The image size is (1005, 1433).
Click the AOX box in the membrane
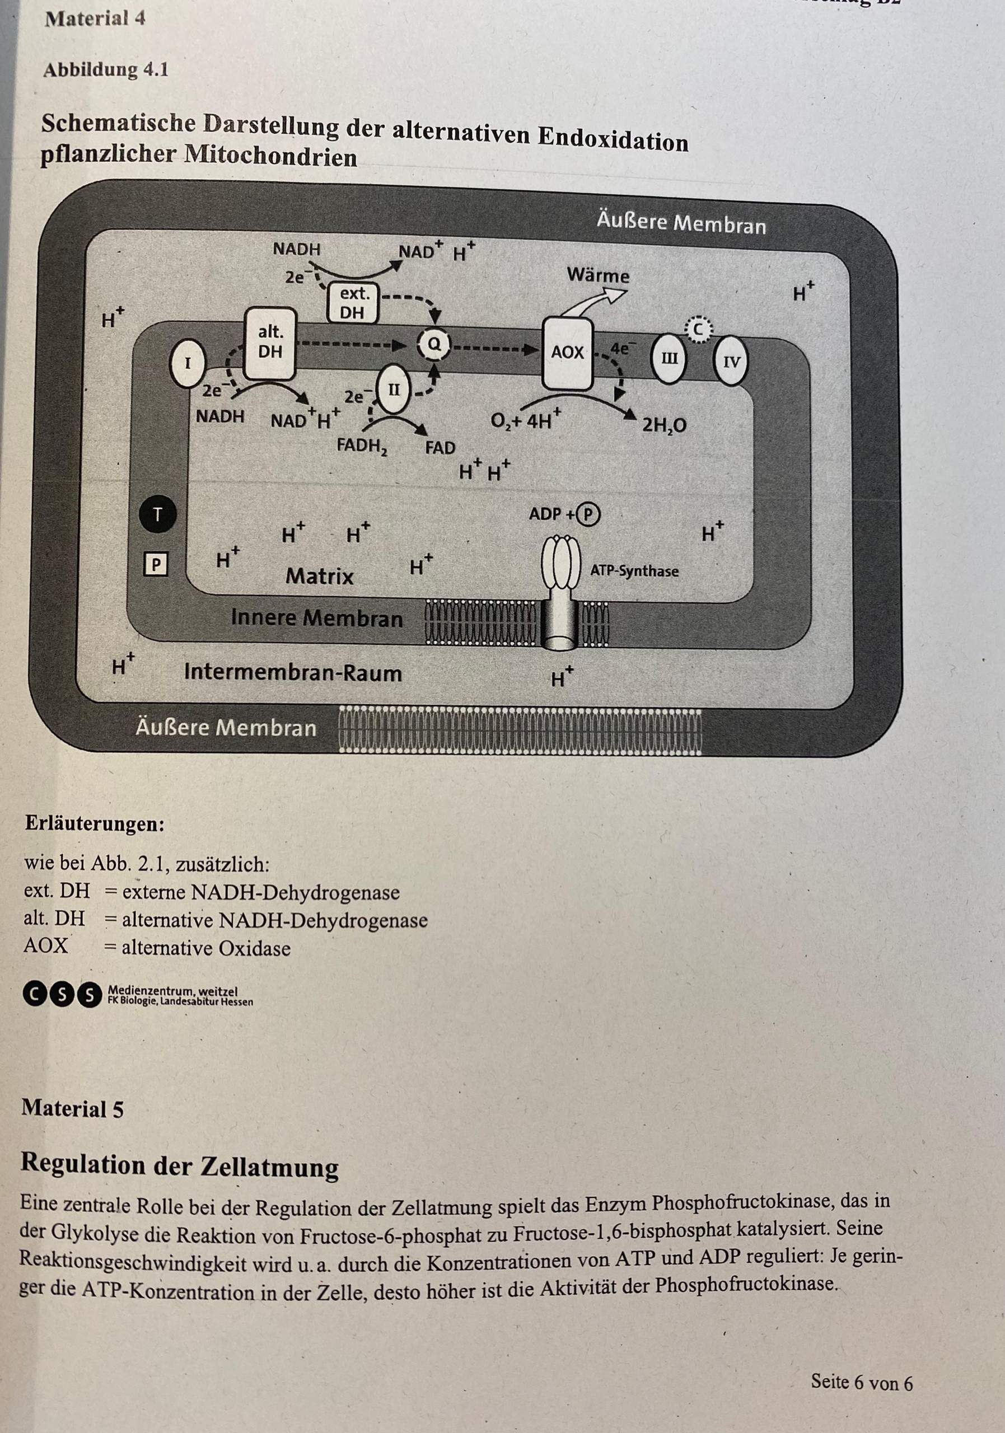tap(567, 353)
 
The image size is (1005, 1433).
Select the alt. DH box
tap(270, 343)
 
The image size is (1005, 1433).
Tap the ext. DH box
tap(353, 303)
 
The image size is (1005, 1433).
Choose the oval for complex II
tap(394, 391)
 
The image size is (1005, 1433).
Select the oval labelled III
tap(669, 359)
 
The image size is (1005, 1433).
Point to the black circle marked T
tap(157, 515)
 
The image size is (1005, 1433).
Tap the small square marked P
tap(156, 565)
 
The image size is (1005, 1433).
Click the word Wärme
tap(598, 275)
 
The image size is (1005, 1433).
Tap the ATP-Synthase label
tap(634, 570)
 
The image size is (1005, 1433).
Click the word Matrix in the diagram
tap(319, 575)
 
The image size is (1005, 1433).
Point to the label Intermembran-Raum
tap(293, 673)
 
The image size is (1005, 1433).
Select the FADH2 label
tap(362, 446)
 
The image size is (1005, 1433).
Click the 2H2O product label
tap(664, 425)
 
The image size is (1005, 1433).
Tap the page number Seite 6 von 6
tap(862, 1382)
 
